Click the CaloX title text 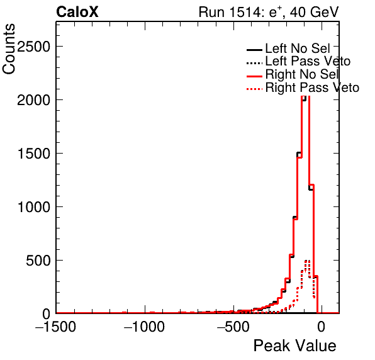click(77, 12)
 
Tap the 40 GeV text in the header click(314, 12)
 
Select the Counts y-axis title click(9, 49)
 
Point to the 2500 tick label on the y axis click(34, 46)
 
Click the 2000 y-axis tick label click(34, 99)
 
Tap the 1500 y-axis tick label click(34, 154)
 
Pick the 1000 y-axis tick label click(34, 207)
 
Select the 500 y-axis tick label click(38, 261)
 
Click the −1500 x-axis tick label click(56, 326)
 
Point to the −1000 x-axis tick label click(145, 326)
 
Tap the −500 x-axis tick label click(233, 326)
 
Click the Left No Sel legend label click(298, 48)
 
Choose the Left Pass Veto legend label click(308, 61)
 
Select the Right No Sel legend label click(302, 74)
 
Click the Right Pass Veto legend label click(312, 87)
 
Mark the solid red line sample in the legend click(254, 76)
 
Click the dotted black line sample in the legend click(254, 64)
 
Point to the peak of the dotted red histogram click(307, 261)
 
